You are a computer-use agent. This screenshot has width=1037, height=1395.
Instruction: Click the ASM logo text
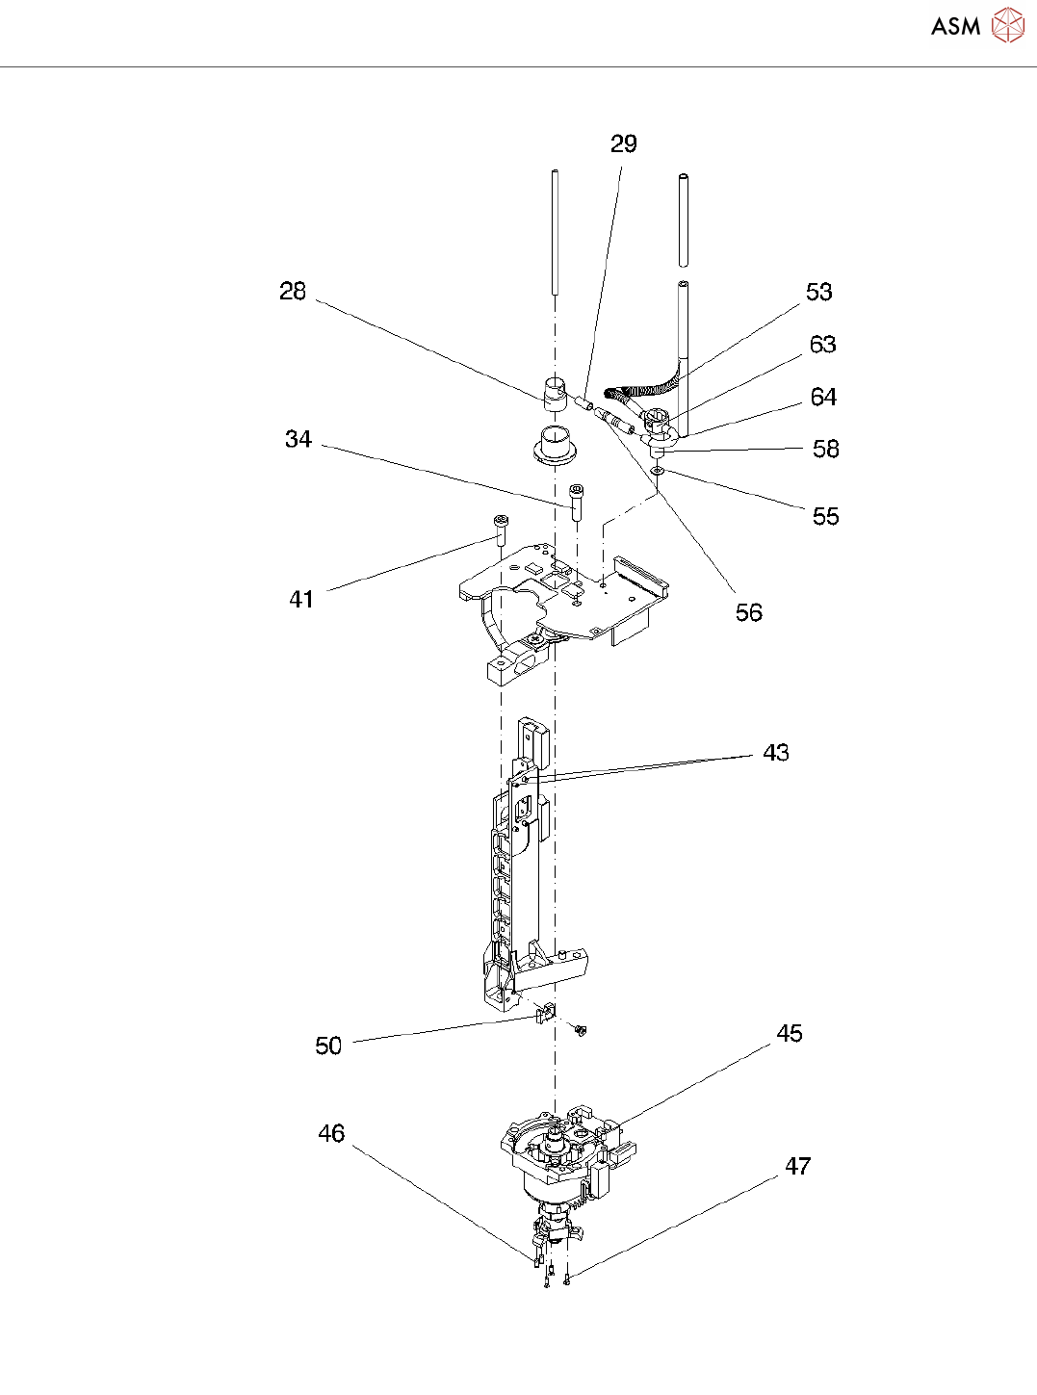tap(955, 27)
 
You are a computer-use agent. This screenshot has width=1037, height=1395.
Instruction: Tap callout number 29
tap(624, 144)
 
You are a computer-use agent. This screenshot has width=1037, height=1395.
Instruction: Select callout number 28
tap(293, 292)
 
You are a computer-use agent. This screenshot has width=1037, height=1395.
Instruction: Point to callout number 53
tap(818, 293)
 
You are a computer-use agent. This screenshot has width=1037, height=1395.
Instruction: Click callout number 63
tap(822, 345)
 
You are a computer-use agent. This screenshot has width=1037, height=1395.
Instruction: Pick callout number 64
tap(823, 398)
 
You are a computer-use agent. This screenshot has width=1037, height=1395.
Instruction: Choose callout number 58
tap(825, 450)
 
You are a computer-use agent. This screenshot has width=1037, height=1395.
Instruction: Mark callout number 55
tap(825, 517)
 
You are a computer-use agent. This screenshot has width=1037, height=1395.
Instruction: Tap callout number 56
tap(748, 613)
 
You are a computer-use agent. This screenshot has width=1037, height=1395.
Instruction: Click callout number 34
tap(298, 440)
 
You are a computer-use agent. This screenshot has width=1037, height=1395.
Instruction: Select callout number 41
tap(301, 600)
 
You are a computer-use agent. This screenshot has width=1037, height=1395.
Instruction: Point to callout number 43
tap(776, 753)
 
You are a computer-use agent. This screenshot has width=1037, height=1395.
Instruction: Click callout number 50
tap(328, 1046)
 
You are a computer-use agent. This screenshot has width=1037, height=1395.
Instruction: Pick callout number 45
tap(790, 1034)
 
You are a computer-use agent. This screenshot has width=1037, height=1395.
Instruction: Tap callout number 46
tap(331, 1134)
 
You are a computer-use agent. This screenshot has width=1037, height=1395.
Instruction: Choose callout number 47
tap(797, 1167)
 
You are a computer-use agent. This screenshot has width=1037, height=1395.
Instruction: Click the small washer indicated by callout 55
tap(657, 471)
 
